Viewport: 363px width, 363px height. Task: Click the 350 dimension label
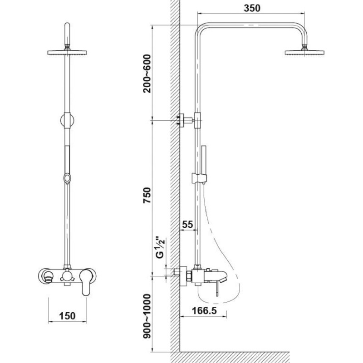coord(252,8)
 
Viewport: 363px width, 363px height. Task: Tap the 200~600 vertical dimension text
coord(147,74)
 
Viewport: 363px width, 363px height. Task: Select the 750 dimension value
coord(147,196)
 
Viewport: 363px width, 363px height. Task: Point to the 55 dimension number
coord(187,224)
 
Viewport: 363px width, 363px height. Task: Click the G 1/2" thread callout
coord(160,247)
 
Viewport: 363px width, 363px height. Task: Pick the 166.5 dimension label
coord(205,310)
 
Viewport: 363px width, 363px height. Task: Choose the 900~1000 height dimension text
coord(147,316)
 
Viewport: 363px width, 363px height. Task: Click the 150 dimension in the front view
coord(67,316)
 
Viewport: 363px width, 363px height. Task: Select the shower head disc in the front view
coord(67,53)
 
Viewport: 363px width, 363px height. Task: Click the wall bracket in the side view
coord(185,120)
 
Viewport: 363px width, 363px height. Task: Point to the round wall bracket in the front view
coord(67,120)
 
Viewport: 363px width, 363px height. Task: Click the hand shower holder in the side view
coord(199,178)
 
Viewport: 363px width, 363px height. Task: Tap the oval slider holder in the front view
coord(67,178)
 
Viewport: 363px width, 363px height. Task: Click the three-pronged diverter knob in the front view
coord(67,276)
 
